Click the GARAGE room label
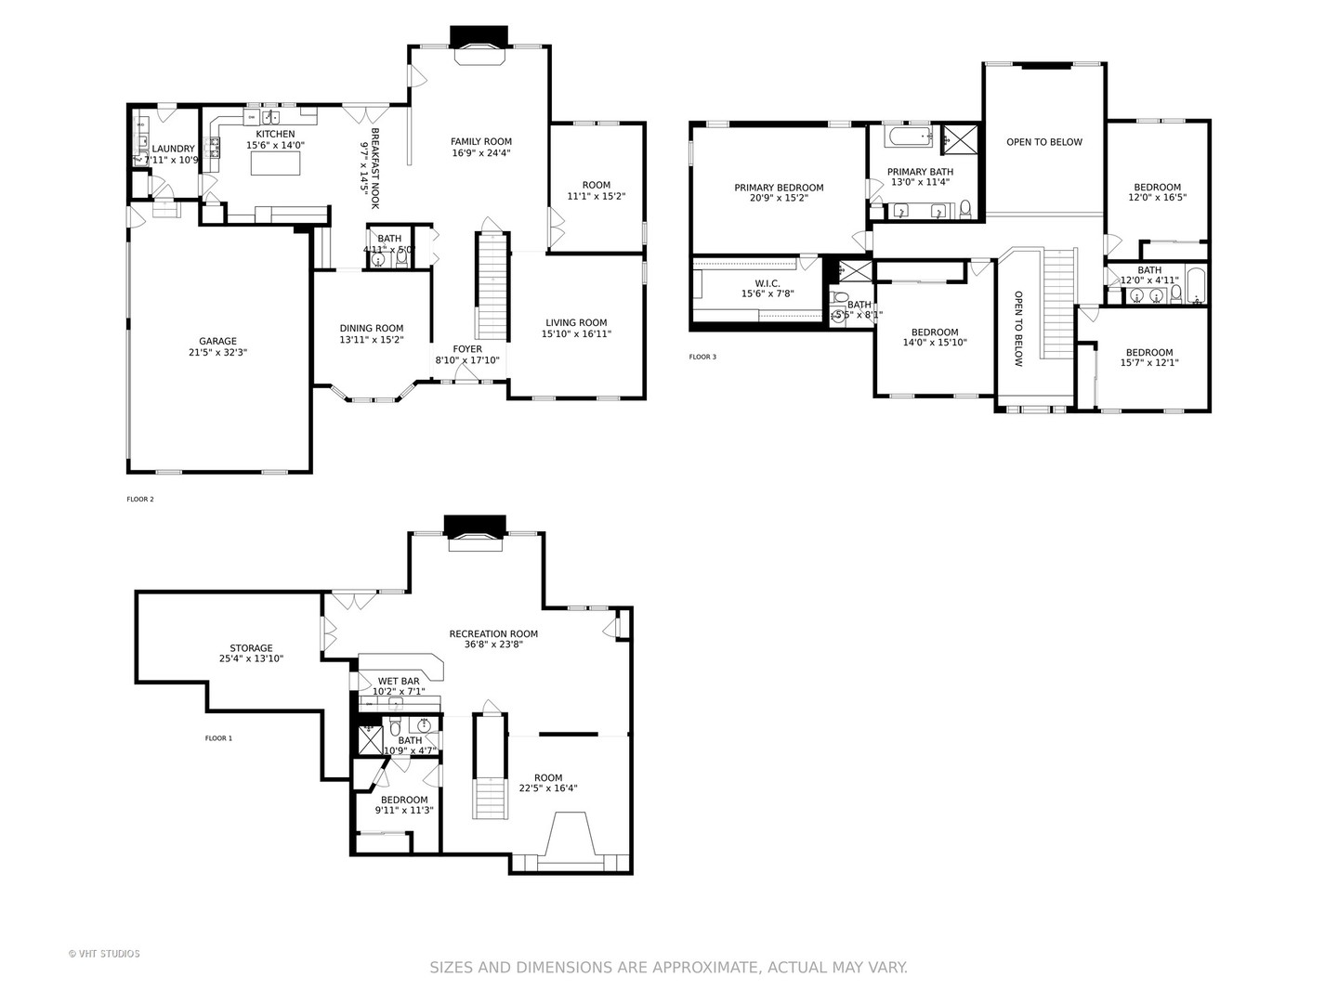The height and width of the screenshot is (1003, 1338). coord(217,341)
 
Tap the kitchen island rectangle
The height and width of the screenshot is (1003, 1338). coord(276,163)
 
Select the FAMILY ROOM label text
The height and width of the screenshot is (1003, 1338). coord(481,142)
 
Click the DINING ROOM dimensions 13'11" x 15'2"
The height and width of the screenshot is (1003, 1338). coord(372,339)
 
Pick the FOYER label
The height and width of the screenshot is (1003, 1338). coord(467,349)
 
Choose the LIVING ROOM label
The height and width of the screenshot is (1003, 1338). coord(576,323)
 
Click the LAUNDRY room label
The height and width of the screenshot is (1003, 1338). coord(173,149)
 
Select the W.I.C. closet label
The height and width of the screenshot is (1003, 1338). coord(767,283)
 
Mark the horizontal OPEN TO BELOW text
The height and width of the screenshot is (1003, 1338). coord(1044,142)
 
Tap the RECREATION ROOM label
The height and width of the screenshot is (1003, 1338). coord(493,634)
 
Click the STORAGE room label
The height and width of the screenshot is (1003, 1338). coord(252,648)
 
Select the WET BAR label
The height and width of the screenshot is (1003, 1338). coord(398,681)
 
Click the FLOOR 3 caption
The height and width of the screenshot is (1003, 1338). coord(702,357)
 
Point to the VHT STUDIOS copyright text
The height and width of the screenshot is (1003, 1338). coord(104,954)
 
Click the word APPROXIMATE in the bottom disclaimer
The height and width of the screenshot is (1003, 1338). coord(702,968)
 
